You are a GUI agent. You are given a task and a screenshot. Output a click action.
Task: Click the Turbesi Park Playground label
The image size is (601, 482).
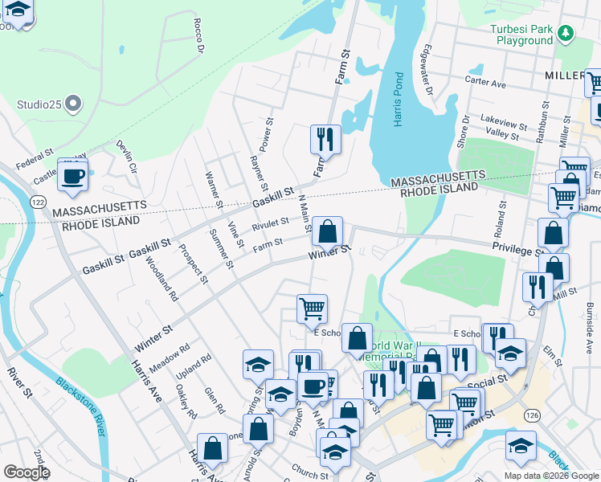coord(523,35)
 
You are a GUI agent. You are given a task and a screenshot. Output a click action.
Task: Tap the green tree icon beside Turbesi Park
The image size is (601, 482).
coord(566,32)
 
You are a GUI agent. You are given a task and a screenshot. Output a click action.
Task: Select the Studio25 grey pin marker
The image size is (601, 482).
coord(73,104)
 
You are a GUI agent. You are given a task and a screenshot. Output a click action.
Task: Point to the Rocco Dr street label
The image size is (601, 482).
coord(198,36)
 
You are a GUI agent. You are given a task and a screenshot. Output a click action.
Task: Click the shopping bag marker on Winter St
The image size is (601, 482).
coord(327,232)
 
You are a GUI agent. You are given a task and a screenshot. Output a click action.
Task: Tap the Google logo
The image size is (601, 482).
coord(27,472)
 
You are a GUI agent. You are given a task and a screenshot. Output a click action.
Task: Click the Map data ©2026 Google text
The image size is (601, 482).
coord(550,476)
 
